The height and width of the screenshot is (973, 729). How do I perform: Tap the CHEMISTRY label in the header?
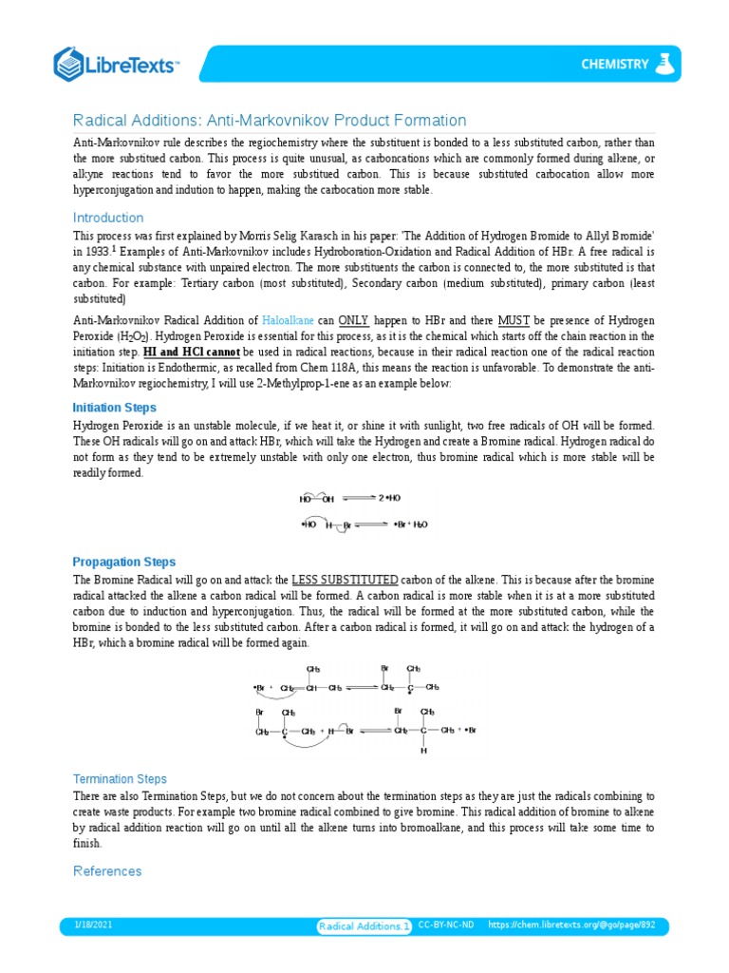614,65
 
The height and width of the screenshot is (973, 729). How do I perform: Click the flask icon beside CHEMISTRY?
668,64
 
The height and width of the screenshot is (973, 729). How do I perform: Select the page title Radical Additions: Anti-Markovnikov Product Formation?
270,121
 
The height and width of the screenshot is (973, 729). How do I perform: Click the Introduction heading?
108,218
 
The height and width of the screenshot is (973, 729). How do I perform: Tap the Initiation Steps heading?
115,407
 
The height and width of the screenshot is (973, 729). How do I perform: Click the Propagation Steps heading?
124,562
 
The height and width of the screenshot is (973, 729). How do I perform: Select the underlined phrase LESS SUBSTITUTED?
345,580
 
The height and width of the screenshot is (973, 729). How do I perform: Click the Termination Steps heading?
120,778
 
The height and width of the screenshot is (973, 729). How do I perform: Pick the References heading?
107,871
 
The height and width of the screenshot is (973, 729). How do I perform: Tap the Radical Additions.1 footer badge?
364,925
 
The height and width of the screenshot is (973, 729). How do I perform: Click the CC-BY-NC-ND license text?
446,925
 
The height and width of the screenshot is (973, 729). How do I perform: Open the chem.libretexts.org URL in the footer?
571,925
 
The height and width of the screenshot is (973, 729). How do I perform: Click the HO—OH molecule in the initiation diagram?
317,498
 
